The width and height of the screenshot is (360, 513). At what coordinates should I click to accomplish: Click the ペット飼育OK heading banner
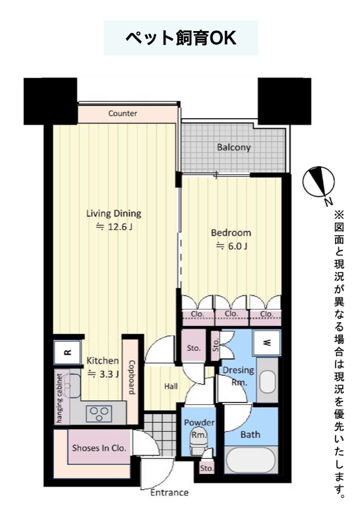pos(181,38)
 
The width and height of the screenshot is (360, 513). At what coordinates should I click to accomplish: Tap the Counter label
pos(123,113)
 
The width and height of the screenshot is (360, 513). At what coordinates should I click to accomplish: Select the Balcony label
pos(233,148)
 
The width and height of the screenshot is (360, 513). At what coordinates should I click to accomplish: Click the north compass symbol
pos(318,183)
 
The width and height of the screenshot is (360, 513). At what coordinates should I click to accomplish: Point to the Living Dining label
pos(113,214)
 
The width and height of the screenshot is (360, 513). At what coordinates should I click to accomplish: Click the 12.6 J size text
pos(114,227)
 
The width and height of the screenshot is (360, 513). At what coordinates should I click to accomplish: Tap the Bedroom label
pos(231,233)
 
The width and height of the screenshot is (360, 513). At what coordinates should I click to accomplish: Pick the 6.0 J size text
pos(231,246)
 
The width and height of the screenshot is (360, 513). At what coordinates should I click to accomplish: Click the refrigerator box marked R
pos(67,352)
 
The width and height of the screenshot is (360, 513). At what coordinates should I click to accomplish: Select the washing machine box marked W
pos(268,342)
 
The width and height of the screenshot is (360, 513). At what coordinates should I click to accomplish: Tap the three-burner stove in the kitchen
pos(99,414)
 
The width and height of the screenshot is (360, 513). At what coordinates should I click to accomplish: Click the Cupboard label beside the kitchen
pos(133,378)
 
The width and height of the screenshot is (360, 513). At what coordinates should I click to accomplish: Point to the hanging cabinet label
pos(59,398)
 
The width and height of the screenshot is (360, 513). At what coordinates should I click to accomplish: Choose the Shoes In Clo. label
pos(99,448)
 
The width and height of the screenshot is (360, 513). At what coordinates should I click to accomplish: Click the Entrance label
pos(169,493)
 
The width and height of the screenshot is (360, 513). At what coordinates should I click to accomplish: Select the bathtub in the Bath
pos(251,460)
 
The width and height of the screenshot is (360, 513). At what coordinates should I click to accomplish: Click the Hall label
pos(171,386)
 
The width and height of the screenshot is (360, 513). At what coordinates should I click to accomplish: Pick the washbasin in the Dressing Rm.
pos(268,382)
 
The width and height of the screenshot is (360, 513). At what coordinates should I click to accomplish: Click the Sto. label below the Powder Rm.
pos(206,468)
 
